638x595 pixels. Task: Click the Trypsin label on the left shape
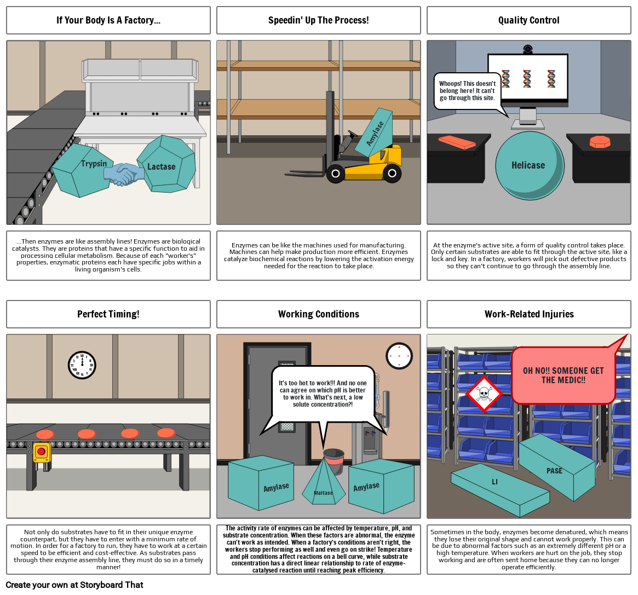[x=94, y=163]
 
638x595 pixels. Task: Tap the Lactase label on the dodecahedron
[x=161, y=166]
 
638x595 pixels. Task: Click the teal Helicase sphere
[x=529, y=165]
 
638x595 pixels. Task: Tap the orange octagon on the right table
[x=600, y=142]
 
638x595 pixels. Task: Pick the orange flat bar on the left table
[x=457, y=142]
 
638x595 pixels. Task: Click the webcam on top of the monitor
[x=528, y=49]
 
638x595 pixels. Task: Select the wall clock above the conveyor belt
[x=82, y=365]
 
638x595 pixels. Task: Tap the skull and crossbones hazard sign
[x=484, y=394]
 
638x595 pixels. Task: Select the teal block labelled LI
[x=498, y=489]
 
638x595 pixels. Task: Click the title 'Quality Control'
[x=528, y=20]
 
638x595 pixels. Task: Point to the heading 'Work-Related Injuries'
[x=528, y=314]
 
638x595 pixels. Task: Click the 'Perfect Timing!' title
[x=108, y=314]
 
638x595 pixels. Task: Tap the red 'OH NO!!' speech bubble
[x=563, y=375]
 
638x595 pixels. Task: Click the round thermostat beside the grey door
[x=399, y=356]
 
